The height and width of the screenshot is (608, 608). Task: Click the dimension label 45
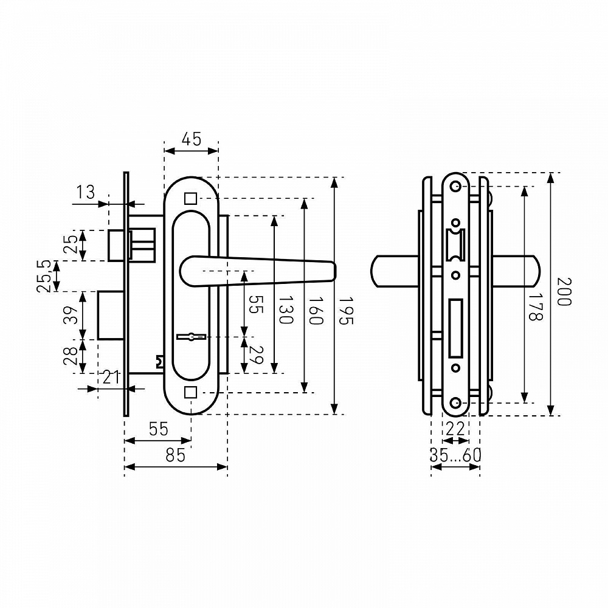(x=192, y=139)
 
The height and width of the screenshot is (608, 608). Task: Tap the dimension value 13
(x=85, y=192)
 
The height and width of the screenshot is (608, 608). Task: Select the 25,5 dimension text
(x=44, y=275)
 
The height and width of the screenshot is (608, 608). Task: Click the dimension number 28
(x=71, y=356)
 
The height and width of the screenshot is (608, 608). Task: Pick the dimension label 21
(x=111, y=378)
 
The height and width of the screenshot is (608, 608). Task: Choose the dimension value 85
(x=176, y=455)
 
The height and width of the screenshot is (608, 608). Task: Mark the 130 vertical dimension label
(x=286, y=310)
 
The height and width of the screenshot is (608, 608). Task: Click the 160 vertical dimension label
(x=316, y=311)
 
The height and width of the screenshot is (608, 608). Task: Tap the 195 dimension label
(x=346, y=311)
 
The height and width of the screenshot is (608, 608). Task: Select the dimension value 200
(x=564, y=292)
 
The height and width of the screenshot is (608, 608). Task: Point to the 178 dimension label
(x=536, y=306)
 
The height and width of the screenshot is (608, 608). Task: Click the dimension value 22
(x=455, y=429)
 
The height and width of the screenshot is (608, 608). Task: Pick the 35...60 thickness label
(x=455, y=455)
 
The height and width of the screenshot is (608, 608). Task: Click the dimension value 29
(x=256, y=355)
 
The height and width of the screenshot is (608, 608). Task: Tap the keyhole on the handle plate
(x=191, y=337)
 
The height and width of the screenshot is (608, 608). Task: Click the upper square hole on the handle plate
(x=191, y=199)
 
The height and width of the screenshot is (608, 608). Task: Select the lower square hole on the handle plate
(x=191, y=392)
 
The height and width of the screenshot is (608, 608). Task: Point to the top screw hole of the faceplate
(x=455, y=187)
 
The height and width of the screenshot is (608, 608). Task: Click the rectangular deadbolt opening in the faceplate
(x=455, y=328)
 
